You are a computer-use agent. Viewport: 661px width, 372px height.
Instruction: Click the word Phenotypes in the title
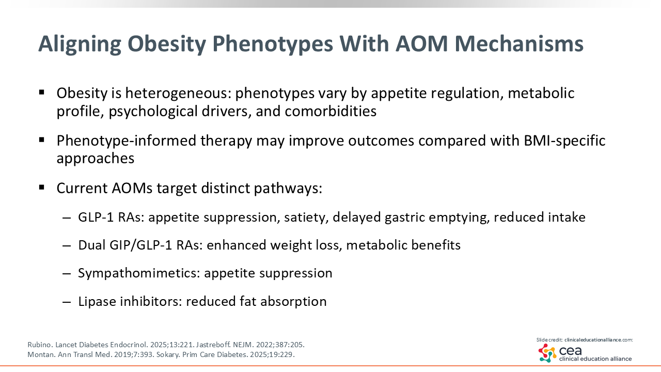point(273,44)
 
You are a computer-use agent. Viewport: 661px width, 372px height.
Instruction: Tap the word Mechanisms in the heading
point(519,44)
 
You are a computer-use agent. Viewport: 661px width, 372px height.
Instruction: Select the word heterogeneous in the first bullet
point(178,94)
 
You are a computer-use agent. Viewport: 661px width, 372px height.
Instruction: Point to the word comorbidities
point(330,111)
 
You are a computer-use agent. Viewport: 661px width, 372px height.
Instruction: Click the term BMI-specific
point(564,141)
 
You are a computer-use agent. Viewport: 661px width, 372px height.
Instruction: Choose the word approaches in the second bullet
point(96,159)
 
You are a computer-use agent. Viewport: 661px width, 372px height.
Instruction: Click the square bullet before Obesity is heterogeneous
point(42,92)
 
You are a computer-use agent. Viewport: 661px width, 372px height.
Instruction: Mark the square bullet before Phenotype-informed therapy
point(42,139)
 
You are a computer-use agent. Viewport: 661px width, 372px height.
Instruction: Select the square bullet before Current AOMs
point(42,187)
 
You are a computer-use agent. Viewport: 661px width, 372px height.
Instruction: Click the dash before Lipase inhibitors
point(67,302)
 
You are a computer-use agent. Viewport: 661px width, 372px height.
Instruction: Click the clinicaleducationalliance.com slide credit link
point(599,340)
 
